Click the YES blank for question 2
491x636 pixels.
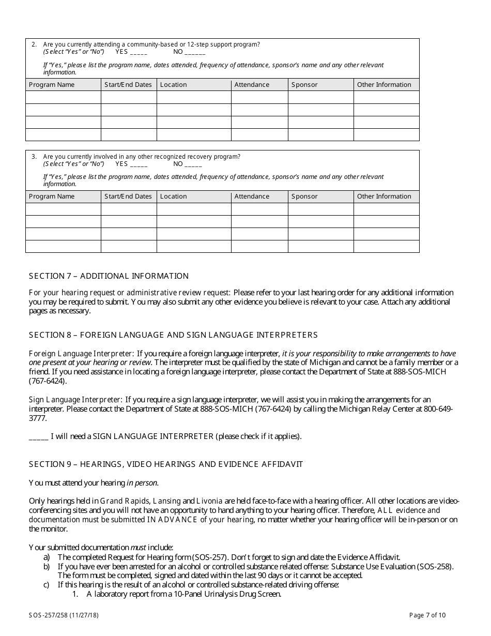pyautogui.click(x=139, y=52)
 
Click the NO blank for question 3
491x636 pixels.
pyautogui.click(x=193, y=164)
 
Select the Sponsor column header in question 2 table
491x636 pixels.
pyautogui.click(x=304, y=85)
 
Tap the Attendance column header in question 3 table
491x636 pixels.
pyautogui.click(x=252, y=196)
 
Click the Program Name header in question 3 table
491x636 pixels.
pyautogui.click(x=52, y=196)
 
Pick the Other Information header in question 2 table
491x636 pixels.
pyautogui.click(x=384, y=85)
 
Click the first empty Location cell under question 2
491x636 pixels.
pyautogui.click(x=194, y=97)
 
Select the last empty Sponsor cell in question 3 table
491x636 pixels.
pyautogui.click(x=320, y=246)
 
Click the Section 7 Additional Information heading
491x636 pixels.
pyautogui.click(x=109, y=276)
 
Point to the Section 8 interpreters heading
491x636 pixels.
pyautogui.click(x=173, y=335)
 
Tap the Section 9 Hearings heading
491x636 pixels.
pyautogui.click(x=166, y=464)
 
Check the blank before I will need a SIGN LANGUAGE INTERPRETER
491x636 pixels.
pyautogui.click(x=38, y=436)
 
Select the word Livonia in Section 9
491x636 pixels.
pyautogui.click(x=209, y=501)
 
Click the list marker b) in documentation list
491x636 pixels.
pyautogui.click(x=47, y=567)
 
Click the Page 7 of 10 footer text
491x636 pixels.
pyautogui.click(x=427, y=615)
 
